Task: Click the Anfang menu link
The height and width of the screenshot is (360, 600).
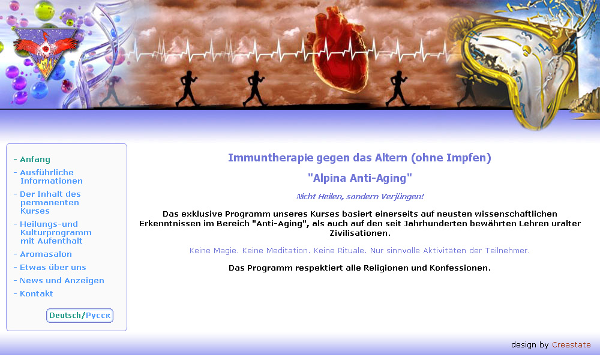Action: pos(35,159)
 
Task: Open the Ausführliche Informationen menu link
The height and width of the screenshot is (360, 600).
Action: pos(51,177)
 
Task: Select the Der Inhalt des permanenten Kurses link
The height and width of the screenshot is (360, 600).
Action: pos(50,202)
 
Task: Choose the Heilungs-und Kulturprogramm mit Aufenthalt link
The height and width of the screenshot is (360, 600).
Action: pos(56,232)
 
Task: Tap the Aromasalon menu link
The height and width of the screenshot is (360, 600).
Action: pos(46,254)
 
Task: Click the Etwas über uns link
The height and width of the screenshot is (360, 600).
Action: pos(53,267)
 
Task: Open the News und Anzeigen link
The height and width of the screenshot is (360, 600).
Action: pos(62,280)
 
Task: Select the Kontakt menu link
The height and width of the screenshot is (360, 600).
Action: pos(37,293)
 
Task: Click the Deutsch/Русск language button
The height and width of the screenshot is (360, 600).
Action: pos(80,316)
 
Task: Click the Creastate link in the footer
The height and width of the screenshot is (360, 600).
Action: pos(571,344)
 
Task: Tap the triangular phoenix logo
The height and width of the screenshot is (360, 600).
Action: pos(46,52)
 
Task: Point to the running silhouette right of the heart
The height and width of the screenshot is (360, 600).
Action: pos(398,88)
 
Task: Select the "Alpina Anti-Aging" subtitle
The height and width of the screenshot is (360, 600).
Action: pos(359,178)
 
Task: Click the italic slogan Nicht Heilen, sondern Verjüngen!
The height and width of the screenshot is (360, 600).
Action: pos(359,197)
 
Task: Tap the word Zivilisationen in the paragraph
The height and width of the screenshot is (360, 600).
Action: pos(359,233)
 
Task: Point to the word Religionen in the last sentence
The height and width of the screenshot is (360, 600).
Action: pos(386,268)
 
